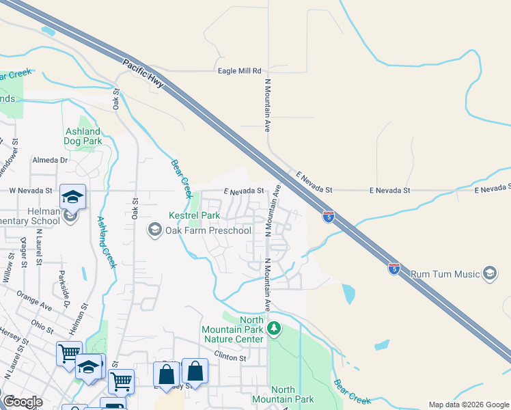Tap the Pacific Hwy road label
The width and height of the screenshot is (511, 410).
coord(143,74)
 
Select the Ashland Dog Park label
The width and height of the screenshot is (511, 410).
coord(83,136)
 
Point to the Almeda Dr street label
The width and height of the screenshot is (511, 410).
coord(51,160)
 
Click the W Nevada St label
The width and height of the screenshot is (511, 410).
coord(30,190)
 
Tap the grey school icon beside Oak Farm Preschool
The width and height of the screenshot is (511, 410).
coord(155,230)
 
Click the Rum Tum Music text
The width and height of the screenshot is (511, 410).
coord(445,275)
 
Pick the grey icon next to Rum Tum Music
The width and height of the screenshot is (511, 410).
coord(489,274)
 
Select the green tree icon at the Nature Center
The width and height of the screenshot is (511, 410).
coord(274,329)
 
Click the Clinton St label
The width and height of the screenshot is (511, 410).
coord(229,357)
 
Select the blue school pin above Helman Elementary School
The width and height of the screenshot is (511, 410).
coord(72,197)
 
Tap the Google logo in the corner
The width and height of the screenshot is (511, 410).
coord(22,402)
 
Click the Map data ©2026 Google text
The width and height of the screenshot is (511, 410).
coord(468,405)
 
